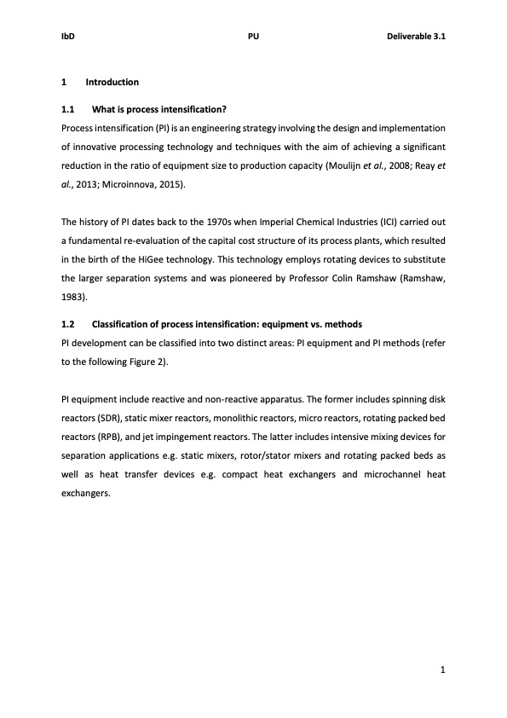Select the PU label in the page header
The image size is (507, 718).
pos(253,37)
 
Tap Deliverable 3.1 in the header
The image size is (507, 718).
pos(417,37)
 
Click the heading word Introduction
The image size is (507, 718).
pos(112,83)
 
